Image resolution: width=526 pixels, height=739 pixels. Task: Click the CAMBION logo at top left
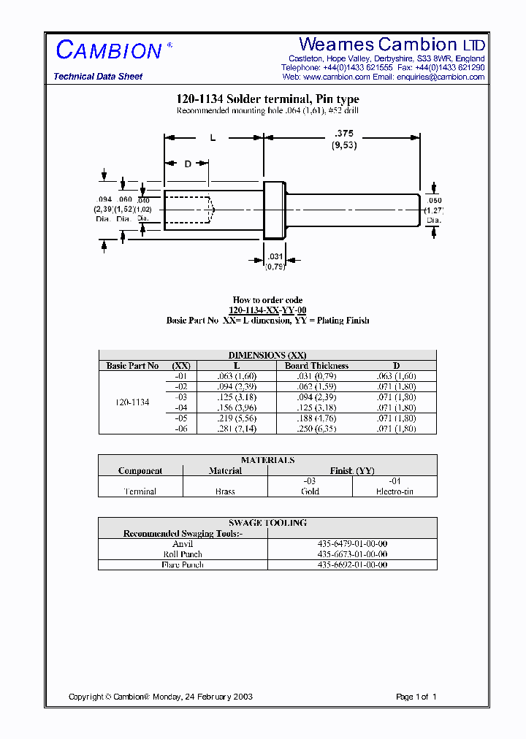[x=110, y=50]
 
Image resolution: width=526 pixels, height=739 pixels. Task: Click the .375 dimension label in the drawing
[x=343, y=133]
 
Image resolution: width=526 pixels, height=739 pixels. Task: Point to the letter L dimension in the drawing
[x=213, y=137]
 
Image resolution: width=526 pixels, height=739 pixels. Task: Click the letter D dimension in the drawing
[x=188, y=164]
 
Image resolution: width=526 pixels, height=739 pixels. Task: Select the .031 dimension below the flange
[x=275, y=256]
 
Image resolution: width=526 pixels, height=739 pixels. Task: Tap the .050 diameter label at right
[x=435, y=200]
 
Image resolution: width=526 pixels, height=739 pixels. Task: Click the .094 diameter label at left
[x=104, y=200]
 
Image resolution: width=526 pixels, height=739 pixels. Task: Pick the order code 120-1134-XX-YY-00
[x=267, y=310]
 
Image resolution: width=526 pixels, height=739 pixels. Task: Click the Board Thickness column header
[x=316, y=366]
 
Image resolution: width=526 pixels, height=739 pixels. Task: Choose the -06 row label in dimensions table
[x=181, y=429]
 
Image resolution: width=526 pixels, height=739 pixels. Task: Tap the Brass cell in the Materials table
[x=225, y=491]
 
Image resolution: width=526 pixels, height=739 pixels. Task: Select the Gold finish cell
[x=310, y=491]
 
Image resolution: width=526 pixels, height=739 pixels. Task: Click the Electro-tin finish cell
[x=394, y=491]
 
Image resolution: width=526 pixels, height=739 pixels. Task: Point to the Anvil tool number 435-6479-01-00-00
[x=352, y=544]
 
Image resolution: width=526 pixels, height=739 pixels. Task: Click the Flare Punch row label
[x=182, y=564]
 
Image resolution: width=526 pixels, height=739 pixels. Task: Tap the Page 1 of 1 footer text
[x=416, y=697]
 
